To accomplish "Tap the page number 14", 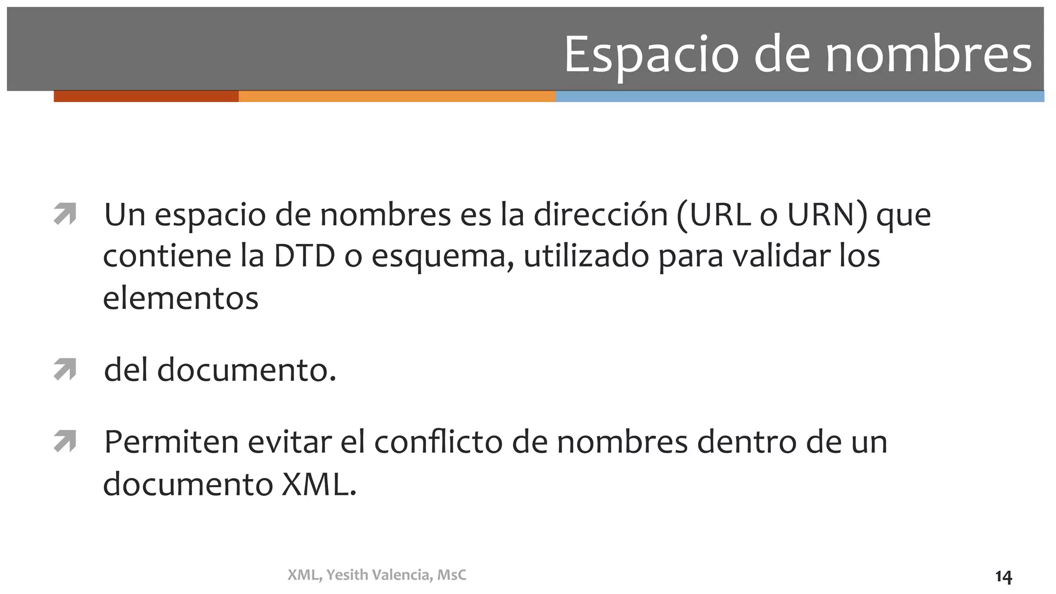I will [x=1003, y=577].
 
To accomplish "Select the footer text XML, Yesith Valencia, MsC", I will [x=377, y=575].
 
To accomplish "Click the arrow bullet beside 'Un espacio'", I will [x=65, y=214].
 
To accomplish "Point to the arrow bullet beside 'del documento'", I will [x=65, y=370].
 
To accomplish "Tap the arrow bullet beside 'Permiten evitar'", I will [x=65, y=442].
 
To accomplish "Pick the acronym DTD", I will [x=304, y=256].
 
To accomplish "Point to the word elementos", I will [x=180, y=298].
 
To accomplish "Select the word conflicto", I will [x=438, y=442].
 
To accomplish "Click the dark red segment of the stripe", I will [x=146, y=96].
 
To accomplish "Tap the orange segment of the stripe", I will [x=397, y=96].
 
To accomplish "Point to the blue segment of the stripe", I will [x=799, y=96].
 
